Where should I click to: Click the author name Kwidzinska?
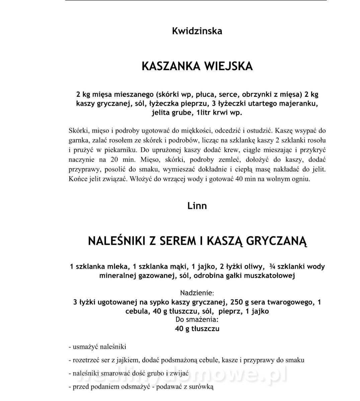pyautogui.click(x=197, y=31)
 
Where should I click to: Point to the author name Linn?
pyautogui.click(x=197, y=206)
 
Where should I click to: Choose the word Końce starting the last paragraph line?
pyautogui.click(x=78, y=179)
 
